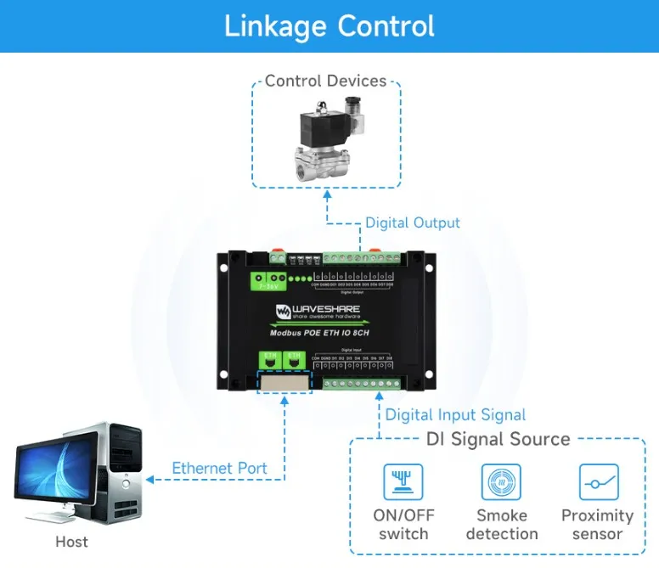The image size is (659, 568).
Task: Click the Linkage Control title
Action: tap(329, 25)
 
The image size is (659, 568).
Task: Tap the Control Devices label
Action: tap(325, 82)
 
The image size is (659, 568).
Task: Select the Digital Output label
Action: tap(412, 223)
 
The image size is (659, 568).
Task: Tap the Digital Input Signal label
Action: tap(455, 415)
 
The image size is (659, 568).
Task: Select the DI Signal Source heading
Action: tap(498, 439)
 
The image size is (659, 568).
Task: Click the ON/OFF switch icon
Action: tap(403, 481)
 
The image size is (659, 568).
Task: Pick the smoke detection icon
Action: tap(501, 481)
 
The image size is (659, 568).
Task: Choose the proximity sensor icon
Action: tap(598, 481)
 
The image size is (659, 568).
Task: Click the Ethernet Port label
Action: tap(219, 468)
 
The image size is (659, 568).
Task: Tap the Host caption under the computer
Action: tap(71, 542)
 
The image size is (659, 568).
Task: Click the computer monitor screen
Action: tap(53, 476)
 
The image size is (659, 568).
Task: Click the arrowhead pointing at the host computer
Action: tap(149, 480)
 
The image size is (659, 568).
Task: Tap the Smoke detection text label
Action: tap(501, 525)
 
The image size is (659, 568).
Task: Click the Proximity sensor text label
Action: tap(597, 525)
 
